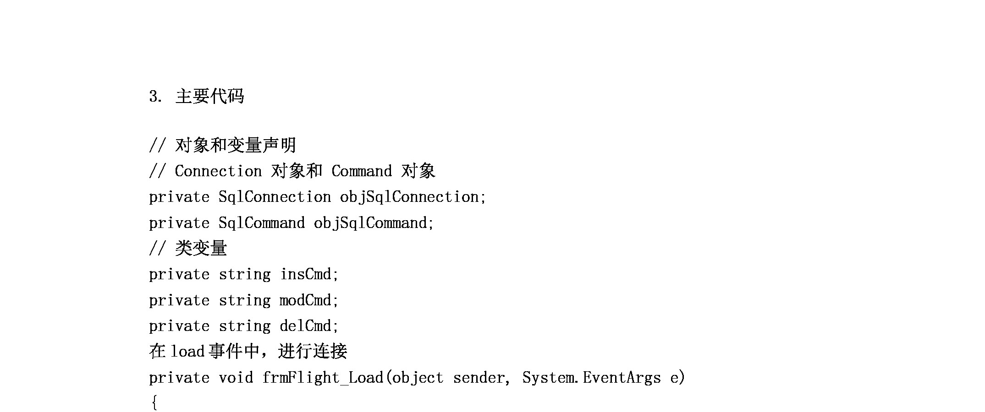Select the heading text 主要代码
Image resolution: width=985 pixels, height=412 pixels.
pos(209,97)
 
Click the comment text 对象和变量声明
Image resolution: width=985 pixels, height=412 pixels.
pos(236,145)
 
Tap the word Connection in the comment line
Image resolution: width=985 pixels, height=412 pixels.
pos(218,171)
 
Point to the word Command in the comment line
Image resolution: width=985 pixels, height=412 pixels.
pos(362,171)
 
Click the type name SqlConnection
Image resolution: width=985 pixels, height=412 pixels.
pos(275,197)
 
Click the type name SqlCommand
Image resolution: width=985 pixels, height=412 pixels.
pos(262,223)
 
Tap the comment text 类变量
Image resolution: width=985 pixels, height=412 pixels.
pos(201,248)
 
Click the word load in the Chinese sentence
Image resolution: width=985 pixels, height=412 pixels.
pos(187,352)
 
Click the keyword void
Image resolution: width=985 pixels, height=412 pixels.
pos(236,378)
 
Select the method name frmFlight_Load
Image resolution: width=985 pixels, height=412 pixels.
pos(323,378)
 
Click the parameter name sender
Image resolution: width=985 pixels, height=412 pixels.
pos(479,378)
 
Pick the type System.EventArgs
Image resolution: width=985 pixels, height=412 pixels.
pos(592,378)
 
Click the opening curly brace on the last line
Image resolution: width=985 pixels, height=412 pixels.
pos(154,403)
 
